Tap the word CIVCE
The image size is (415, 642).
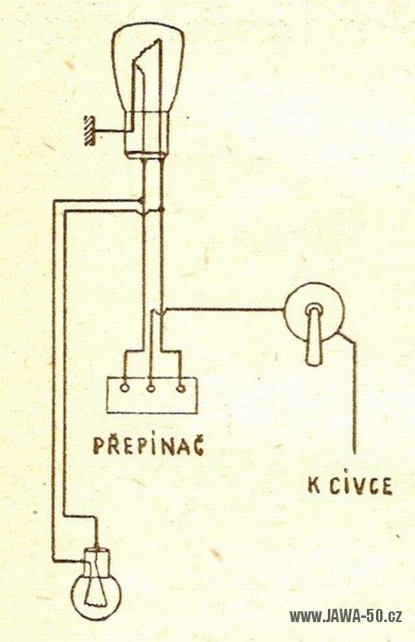pos(360,486)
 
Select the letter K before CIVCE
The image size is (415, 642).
pos(315,486)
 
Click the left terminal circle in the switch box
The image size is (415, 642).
pos(124,387)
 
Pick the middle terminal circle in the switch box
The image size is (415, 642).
pos(151,387)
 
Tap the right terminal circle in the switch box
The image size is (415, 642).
pos(180,387)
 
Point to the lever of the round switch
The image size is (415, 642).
pos(315,336)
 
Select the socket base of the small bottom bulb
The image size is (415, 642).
pos(96,560)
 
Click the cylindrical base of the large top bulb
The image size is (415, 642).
pos(146,135)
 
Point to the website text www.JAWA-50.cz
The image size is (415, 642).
pos(345,615)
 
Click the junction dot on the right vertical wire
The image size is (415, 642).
pos(162,210)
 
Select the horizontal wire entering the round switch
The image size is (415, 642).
pos(224,309)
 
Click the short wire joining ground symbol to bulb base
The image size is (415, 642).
pos(110,131)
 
